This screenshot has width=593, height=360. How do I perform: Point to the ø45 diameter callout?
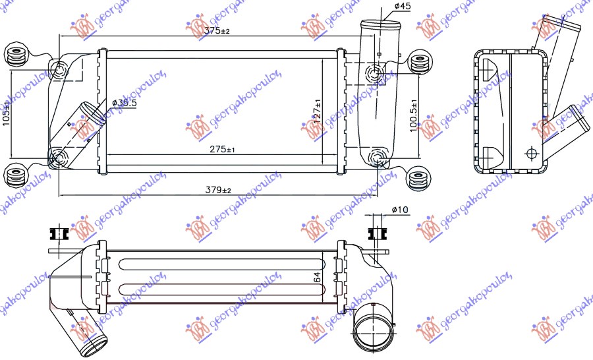click(x=403, y=7)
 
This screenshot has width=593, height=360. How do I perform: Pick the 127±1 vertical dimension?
click(x=317, y=113)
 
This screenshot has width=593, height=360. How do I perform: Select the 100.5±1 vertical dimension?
click(x=413, y=116)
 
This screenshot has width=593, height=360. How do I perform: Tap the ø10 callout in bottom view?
click(x=399, y=210)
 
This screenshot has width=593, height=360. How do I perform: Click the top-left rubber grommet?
click(x=16, y=55)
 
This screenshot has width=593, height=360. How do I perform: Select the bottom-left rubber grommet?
click(x=16, y=176)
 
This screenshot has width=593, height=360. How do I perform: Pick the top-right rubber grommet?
click(x=419, y=63)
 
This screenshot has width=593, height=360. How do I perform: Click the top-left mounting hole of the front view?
click(x=59, y=71)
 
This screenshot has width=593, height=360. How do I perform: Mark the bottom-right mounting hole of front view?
click(x=377, y=157)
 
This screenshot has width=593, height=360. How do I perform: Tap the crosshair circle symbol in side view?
click(x=531, y=153)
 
